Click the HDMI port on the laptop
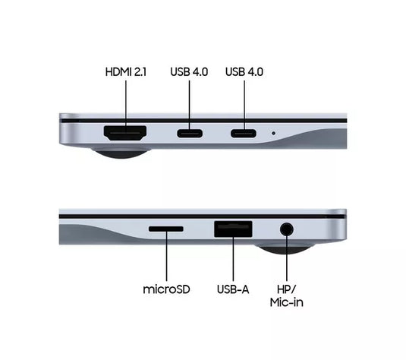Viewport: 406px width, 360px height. pyautogui.click(x=125, y=134)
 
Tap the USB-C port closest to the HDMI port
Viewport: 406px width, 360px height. pyautogui.click(x=190, y=134)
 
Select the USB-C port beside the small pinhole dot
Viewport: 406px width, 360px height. pyautogui.click(x=244, y=134)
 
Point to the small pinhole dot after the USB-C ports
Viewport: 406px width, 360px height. pyautogui.click(x=273, y=134)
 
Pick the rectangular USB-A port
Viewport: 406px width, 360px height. pyautogui.click(x=233, y=229)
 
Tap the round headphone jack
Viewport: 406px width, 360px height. pyautogui.click(x=287, y=229)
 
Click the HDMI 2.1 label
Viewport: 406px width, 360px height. pyautogui.click(x=125, y=72)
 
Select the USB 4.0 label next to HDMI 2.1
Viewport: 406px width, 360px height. pyautogui.click(x=190, y=72)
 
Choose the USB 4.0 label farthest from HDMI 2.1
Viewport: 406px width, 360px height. pyautogui.click(x=244, y=72)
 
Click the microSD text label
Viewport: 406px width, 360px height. pyautogui.click(x=165, y=289)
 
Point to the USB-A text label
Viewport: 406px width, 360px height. pyautogui.click(x=234, y=289)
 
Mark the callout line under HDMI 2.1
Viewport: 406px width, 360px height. pyautogui.click(x=125, y=100)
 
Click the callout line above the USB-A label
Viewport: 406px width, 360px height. pyautogui.click(x=233, y=262)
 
